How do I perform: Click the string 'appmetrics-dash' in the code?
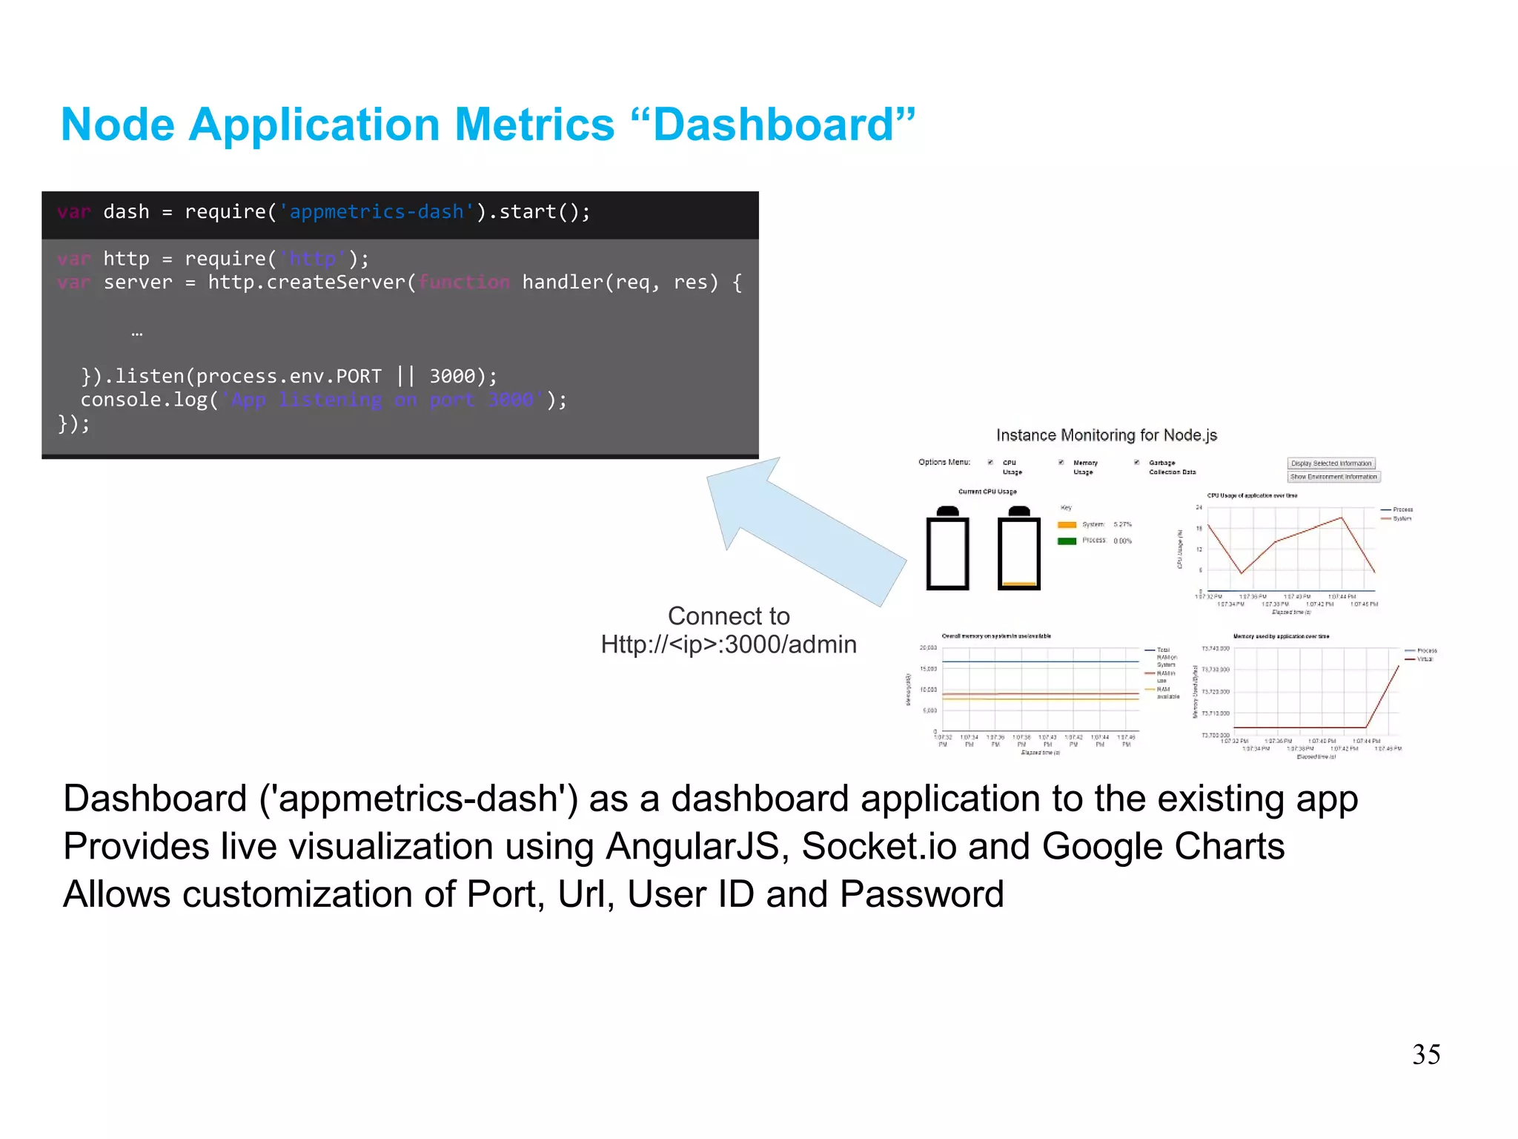(376, 212)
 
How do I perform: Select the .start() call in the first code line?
(543, 212)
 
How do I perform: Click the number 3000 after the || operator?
(452, 377)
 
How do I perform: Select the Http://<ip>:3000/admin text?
(729, 644)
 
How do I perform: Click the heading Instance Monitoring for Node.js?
(1106, 435)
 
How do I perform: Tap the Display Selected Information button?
(1330, 463)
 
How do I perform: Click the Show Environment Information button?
(1333, 477)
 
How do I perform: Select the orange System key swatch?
(1067, 525)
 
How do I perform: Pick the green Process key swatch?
(1067, 541)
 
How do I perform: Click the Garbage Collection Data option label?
(1171, 467)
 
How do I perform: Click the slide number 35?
(1425, 1054)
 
